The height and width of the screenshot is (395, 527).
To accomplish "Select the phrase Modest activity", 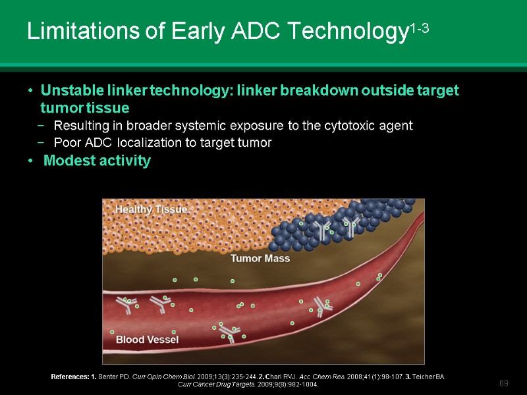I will click(97, 161).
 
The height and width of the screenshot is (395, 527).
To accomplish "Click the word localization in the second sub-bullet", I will click(138, 142).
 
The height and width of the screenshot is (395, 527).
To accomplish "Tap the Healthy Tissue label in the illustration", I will click(152, 209).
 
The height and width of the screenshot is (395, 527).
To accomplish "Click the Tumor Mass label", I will click(260, 259).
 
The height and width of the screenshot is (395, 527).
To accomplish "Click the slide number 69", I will click(504, 383).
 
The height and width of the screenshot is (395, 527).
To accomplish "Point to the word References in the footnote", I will click(69, 377).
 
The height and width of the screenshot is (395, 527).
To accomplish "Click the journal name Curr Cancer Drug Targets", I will click(214, 384).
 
